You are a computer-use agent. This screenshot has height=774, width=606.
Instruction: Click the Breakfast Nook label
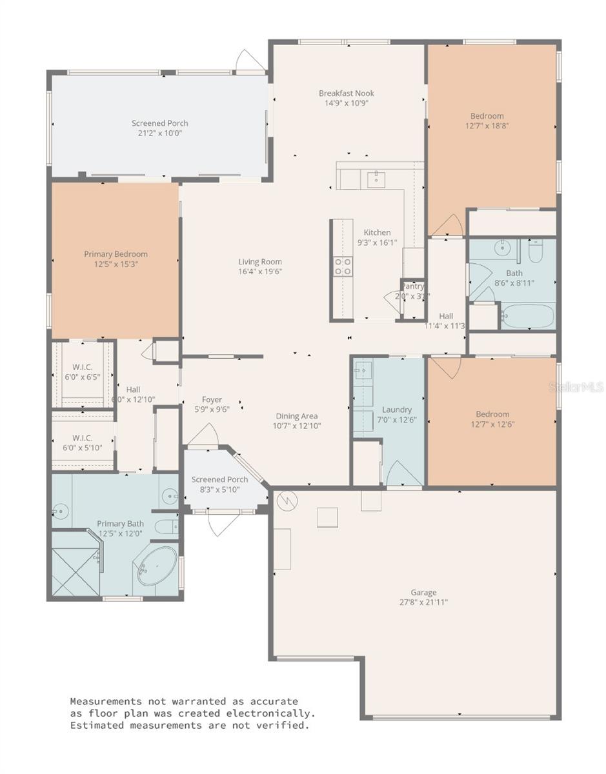tap(346, 93)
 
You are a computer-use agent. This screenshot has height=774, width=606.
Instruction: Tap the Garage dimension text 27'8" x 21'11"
tap(423, 602)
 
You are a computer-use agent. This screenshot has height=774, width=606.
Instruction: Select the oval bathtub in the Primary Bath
tap(156, 566)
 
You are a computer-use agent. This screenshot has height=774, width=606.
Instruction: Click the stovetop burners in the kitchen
tap(342, 266)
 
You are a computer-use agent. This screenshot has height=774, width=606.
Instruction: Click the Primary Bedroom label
tap(116, 254)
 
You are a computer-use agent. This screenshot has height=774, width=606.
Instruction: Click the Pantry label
tap(413, 286)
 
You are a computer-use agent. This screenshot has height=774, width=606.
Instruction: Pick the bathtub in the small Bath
tap(527, 317)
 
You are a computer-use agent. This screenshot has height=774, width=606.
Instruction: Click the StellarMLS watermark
tap(576, 387)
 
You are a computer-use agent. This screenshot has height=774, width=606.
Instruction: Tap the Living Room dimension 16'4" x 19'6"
tap(259, 272)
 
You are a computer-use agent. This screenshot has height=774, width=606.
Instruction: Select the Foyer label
tap(212, 400)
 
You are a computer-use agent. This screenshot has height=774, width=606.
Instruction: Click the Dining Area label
tap(297, 416)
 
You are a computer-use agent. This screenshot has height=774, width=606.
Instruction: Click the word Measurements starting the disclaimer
tap(106, 701)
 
